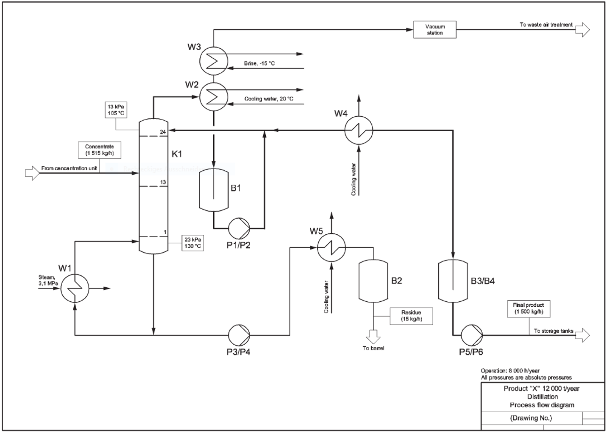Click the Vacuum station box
click(x=435, y=30)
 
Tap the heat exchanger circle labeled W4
click(x=358, y=130)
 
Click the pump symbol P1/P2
click(x=239, y=228)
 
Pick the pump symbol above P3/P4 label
click(x=239, y=335)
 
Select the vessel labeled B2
click(x=373, y=281)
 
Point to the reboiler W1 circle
click(x=74, y=288)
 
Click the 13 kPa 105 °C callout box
click(x=116, y=110)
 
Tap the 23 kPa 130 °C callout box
click(x=193, y=243)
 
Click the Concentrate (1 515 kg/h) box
click(x=100, y=150)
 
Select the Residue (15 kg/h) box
click(x=411, y=316)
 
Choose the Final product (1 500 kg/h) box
click(x=529, y=308)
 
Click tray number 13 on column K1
click(x=163, y=183)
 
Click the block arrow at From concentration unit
click(x=32, y=173)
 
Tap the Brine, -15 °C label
click(x=259, y=63)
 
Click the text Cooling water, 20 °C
click(x=269, y=99)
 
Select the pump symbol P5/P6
click(x=472, y=335)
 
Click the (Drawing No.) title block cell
click(x=531, y=418)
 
